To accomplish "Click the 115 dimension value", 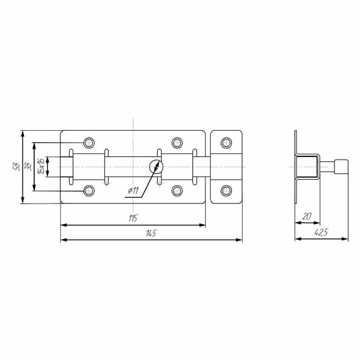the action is tap(133, 218).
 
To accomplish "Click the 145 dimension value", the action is tap(151, 233).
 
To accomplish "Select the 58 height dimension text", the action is tap(17, 166).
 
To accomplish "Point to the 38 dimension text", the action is tap(29, 167).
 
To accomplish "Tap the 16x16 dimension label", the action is tap(42, 166).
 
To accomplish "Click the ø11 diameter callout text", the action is tap(133, 191).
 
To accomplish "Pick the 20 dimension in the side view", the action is tap(307, 216).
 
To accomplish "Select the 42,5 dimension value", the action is tap(321, 233).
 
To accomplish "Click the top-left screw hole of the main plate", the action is tap(89, 143).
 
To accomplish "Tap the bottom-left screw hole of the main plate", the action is tap(89, 191).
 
